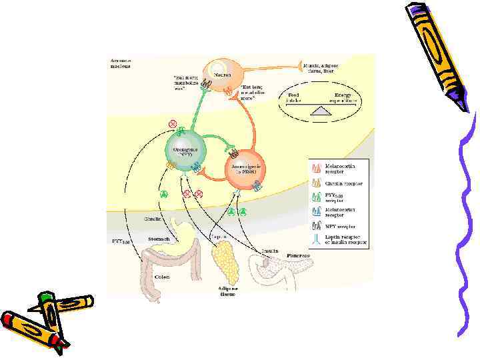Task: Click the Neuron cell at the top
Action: (218, 71)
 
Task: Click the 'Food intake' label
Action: (293, 98)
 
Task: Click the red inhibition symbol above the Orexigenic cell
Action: (173, 124)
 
